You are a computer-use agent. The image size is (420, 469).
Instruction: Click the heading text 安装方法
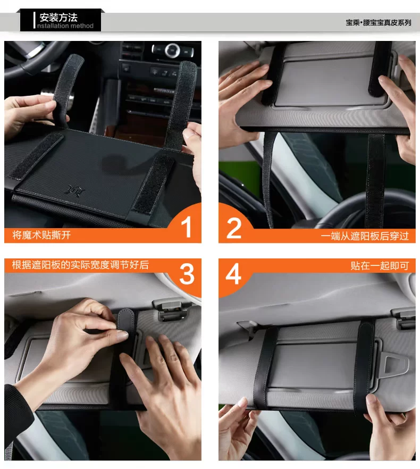point(58,18)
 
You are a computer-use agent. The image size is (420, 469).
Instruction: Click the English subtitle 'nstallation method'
point(65,26)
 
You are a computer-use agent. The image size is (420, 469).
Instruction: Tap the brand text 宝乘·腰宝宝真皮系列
point(379,23)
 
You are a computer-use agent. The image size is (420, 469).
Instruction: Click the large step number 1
point(187,227)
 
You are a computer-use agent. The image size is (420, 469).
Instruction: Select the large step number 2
point(234,228)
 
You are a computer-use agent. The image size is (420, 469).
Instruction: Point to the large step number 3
point(187,274)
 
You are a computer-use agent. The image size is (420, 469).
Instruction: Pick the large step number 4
point(233,274)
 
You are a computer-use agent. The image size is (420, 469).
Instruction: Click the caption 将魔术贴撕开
point(41,235)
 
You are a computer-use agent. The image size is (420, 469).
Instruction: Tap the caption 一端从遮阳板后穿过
point(365,236)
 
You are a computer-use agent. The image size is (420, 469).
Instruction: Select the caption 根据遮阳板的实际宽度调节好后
point(80,265)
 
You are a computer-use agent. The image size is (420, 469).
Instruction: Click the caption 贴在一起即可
point(380,266)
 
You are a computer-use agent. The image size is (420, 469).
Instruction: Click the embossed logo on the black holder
point(75,190)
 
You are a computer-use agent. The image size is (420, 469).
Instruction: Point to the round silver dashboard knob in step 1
point(172,50)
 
